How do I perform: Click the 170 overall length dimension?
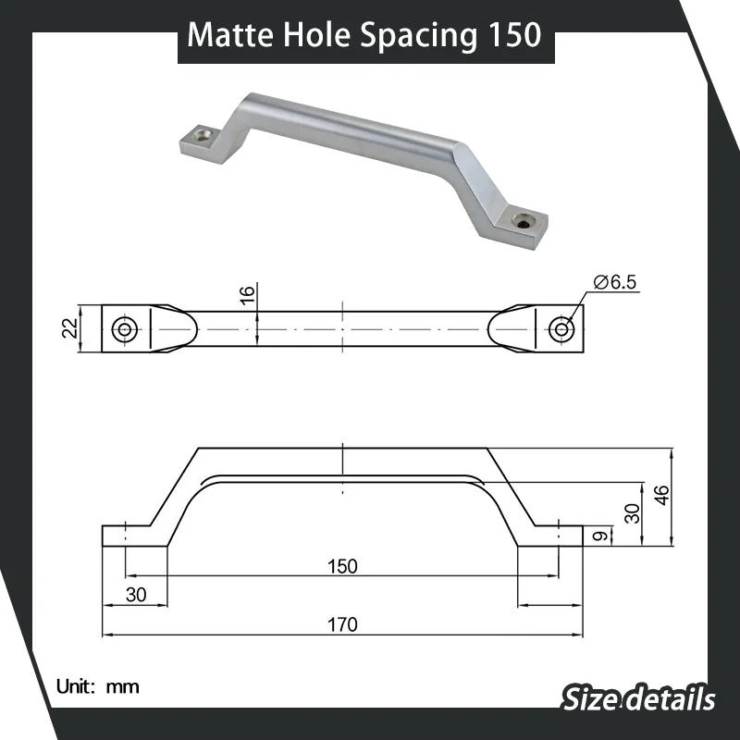(x=342, y=624)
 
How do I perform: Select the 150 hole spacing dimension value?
(x=342, y=566)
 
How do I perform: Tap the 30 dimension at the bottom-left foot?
(x=136, y=595)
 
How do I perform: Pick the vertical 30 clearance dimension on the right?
(x=633, y=513)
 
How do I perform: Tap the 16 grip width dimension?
(x=246, y=296)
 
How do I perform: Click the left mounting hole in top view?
(x=124, y=328)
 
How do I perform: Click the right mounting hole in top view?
(x=561, y=328)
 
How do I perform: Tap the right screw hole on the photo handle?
(x=524, y=221)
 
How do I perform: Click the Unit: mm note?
(x=97, y=686)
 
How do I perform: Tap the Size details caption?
(x=638, y=698)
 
